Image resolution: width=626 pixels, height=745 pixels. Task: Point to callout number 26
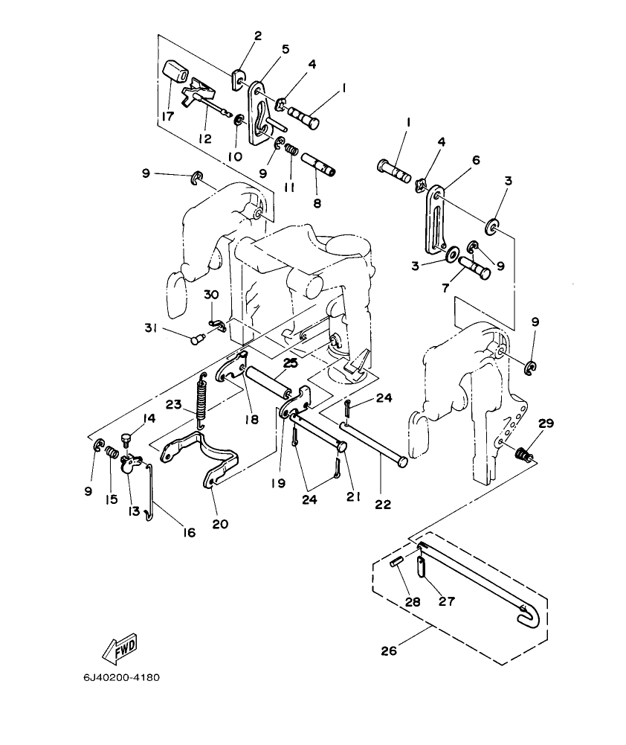(388, 651)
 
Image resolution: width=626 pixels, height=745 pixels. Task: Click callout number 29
(546, 424)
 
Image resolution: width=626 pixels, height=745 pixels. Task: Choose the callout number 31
(152, 328)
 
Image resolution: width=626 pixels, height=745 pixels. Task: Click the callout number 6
(476, 160)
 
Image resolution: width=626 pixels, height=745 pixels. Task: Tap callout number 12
(204, 138)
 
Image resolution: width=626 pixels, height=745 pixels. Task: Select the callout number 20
(219, 523)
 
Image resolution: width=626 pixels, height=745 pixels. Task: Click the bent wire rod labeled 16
(149, 492)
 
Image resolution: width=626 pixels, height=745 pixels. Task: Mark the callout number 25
(289, 362)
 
